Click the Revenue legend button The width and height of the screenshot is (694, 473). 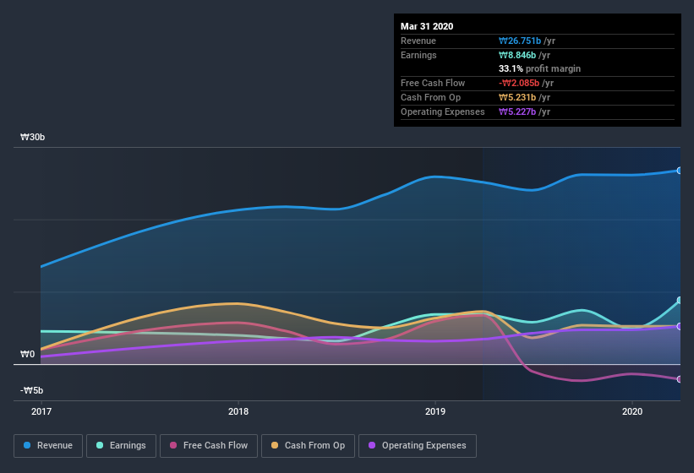[48, 445]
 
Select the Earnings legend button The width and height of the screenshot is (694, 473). [121, 445]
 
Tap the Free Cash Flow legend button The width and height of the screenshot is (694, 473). [209, 445]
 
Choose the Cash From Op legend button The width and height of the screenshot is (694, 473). [309, 445]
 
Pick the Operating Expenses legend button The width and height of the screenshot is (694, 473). [418, 445]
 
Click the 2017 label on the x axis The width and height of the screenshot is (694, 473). [41, 411]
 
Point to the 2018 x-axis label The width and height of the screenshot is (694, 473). [238, 411]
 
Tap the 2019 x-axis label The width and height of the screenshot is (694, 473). [435, 411]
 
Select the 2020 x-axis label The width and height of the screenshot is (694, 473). [632, 411]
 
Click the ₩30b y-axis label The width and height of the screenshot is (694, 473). [34, 137]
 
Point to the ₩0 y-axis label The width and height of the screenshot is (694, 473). [28, 354]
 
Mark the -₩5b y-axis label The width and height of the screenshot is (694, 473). [32, 390]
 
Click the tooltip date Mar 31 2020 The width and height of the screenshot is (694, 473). [427, 26]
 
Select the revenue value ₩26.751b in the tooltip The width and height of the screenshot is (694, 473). [520, 41]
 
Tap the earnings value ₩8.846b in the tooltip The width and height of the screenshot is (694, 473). [517, 55]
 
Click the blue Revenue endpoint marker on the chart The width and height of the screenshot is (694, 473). [680, 171]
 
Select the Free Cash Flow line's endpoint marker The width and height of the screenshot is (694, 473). [680, 379]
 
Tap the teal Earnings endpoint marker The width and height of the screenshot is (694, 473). [680, 301]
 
